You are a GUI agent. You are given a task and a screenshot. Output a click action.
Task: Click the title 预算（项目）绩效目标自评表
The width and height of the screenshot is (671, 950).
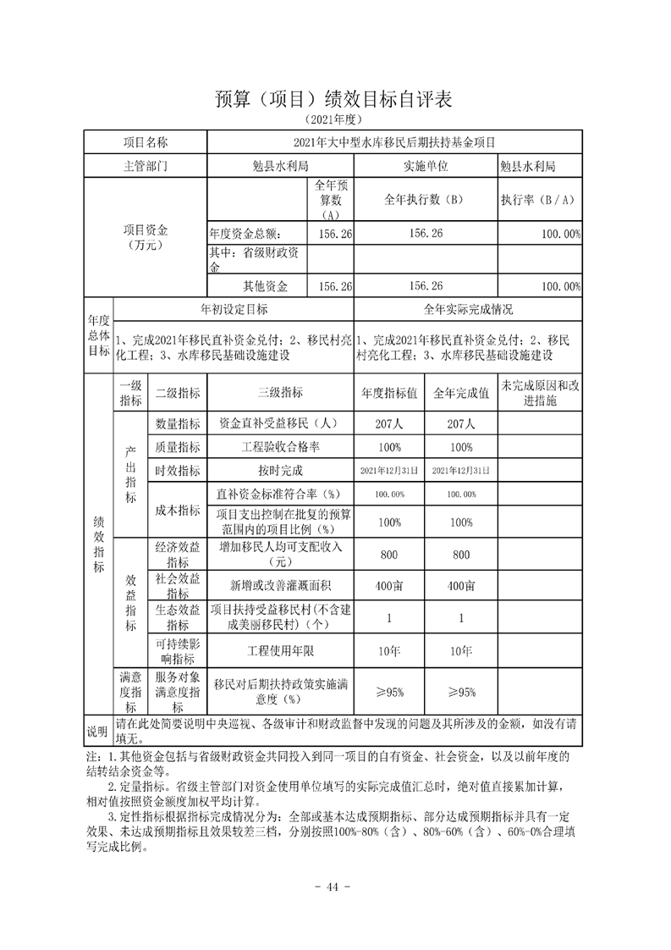click(334, 99)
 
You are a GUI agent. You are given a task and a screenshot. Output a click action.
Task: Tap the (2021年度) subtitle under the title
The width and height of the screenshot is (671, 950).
click(334, 120)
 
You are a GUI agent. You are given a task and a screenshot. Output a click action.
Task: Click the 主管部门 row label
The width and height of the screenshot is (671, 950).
click(146, 166)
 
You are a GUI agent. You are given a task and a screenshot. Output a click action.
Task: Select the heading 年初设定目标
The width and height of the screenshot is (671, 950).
click(234, 309)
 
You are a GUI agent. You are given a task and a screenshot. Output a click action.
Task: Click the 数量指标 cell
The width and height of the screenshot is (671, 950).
click(177, 423)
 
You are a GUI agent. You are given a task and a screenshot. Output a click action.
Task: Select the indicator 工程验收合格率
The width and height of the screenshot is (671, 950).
click(280, 446)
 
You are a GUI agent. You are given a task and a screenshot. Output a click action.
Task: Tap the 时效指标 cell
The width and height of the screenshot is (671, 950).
click(177, 470)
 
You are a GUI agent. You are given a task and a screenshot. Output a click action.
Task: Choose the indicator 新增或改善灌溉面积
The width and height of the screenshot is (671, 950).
click(280, 585)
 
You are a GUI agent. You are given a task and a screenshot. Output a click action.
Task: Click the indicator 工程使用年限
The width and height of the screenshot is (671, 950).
click(280, 649)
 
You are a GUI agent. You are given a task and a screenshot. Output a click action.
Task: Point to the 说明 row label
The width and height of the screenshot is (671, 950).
click(97, 730)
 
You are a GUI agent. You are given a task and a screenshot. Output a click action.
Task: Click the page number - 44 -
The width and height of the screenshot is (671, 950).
click(335, 886)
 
